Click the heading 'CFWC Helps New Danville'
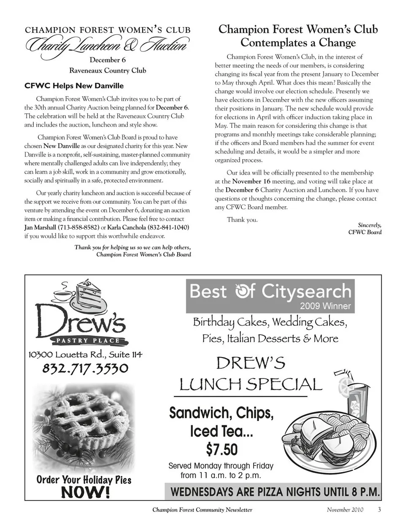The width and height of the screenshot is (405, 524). coord(74,86)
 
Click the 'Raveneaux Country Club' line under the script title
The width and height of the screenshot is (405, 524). coord(108,70)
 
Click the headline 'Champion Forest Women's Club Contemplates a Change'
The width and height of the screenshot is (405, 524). coord(298,36)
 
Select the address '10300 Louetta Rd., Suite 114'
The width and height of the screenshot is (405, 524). coord(85,354)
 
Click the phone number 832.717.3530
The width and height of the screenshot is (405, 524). coord(85,369)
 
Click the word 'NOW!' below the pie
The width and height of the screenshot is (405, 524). coord(86,492)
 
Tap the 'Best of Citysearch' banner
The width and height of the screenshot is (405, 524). coord(270,295)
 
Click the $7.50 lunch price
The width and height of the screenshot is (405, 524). coord(222,450)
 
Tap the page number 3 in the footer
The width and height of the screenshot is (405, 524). coord(379,509)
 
